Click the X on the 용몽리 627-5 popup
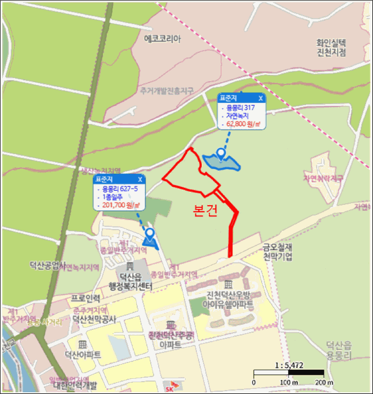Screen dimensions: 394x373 click(x=140, y=179)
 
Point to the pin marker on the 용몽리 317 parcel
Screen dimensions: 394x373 click(x=222, y=154)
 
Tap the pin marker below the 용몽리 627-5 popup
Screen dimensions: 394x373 click(x=150, y=234)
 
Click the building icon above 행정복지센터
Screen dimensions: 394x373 click(x=130, y=266)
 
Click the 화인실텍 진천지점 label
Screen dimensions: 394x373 click(x=331, y=47)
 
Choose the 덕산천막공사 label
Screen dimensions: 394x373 click(x=94, y=320)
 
